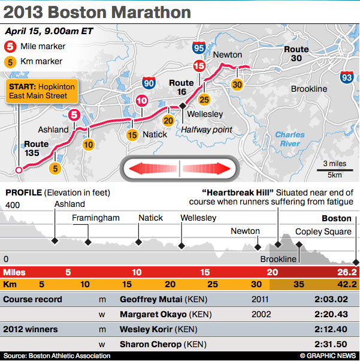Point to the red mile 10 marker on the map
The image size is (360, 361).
tap(141, 101)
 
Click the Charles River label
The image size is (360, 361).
tap(289, 139)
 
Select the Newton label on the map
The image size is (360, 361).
tap(228, 55)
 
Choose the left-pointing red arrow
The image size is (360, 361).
tap(149, 168)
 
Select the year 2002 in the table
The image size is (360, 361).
tap(262, 314)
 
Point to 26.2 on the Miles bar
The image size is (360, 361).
tap(346, 272)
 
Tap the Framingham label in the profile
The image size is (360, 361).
tap(96, 218)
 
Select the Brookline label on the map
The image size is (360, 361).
tap(308, 89)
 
